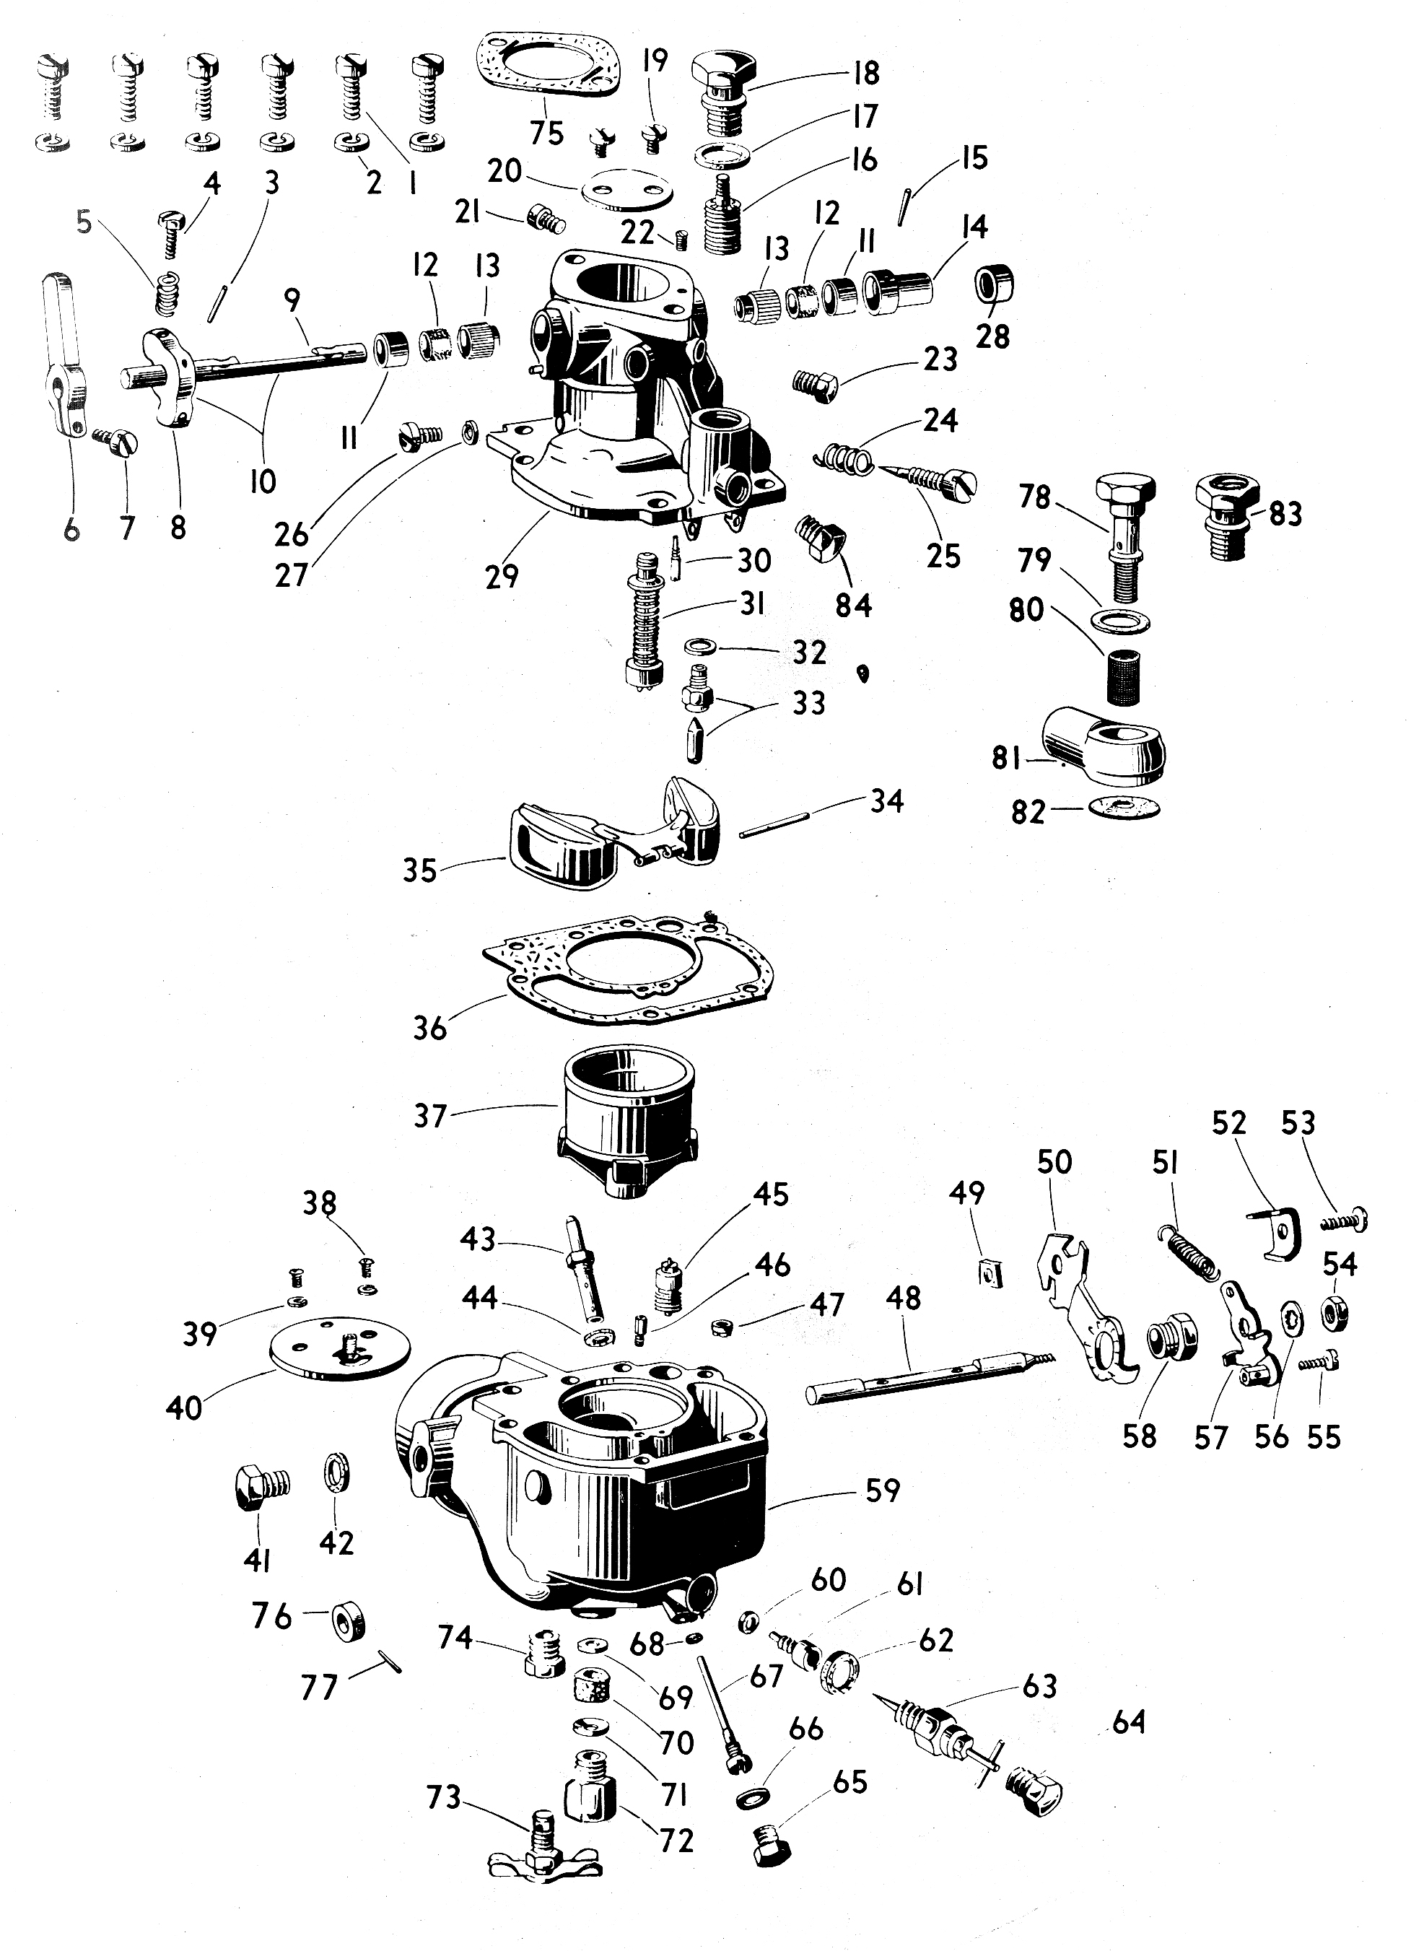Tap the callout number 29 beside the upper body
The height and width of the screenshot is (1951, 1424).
tap(502, 575)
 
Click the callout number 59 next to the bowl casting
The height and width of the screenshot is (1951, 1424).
tap(882, 1490)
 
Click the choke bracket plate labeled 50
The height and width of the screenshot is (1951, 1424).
tap(1086, 1319)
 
